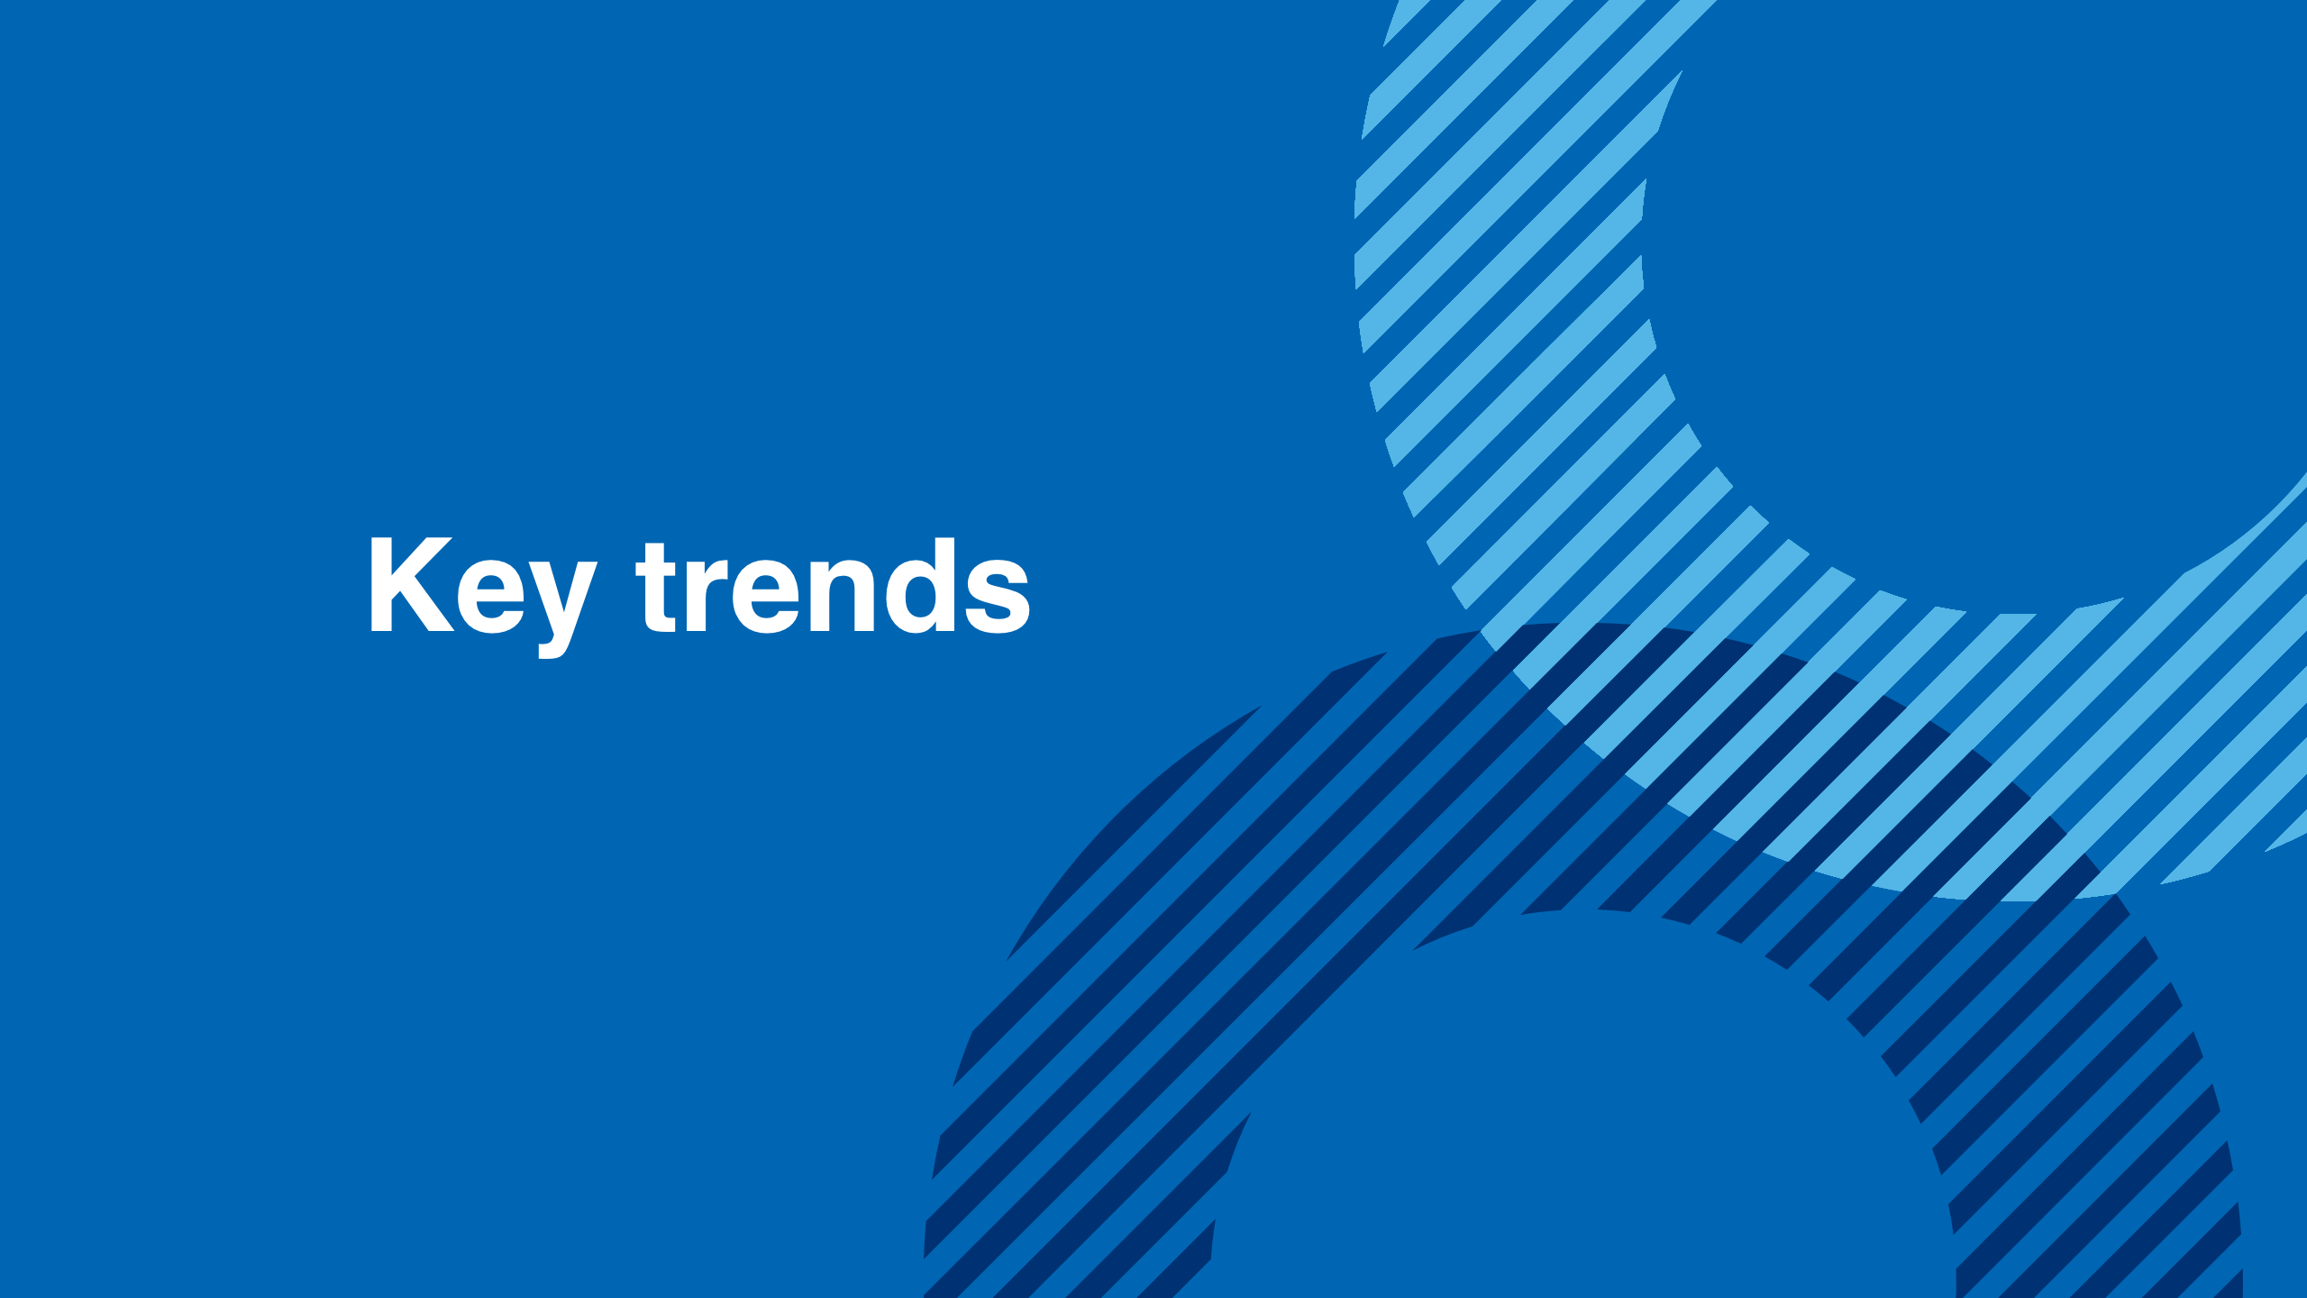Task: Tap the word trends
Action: pyautogui.click(x=833, y=586)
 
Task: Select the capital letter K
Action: pyautogui.click(x=412, y=584)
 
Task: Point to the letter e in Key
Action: pyautogui.click(x=491, y=597)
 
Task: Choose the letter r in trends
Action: pyautogui.click(x=707, y=596)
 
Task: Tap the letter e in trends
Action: pyautogui.click(x=766, y=597)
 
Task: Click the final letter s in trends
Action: pyautogui.click(x=997, y=597)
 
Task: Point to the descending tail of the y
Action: pyautogui.click(x=552, y=647)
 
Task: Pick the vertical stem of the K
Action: pyautogui.click(x=381, y=584)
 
